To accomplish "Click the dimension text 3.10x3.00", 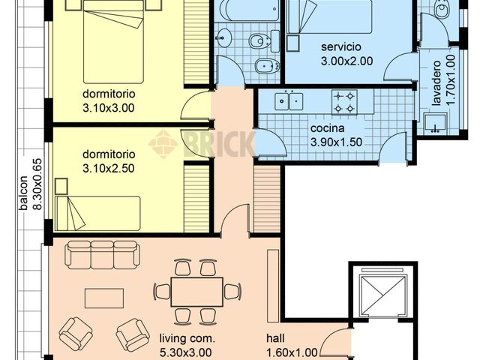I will click(108, 107).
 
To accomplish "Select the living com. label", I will click(187, 339).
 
